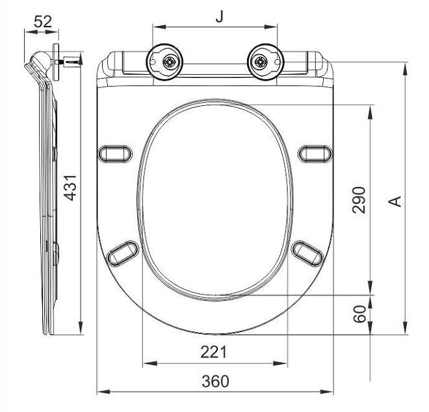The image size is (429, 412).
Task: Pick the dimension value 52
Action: [x=43, y=21]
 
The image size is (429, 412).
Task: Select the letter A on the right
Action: [x=394, y=201]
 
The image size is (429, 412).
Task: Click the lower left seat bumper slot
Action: [x=123, y=253]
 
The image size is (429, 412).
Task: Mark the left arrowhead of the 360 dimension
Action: [x=101, y=393]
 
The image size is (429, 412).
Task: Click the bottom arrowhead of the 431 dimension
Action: [x=81, y=330]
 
